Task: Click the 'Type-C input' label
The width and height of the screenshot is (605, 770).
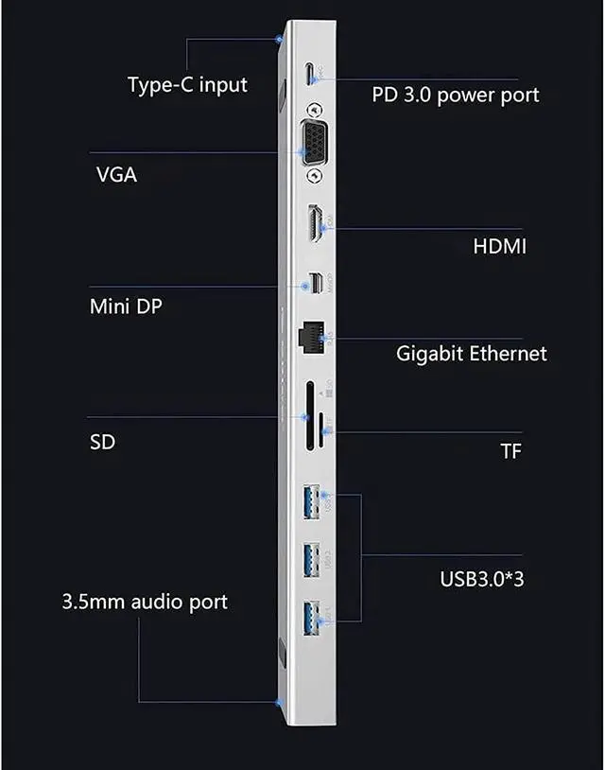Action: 187,84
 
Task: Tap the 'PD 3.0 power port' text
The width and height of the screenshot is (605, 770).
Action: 456,95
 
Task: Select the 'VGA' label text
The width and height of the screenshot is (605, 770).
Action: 116,175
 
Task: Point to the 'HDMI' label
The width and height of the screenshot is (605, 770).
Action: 499,247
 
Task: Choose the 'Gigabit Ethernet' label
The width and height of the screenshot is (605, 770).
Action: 471,354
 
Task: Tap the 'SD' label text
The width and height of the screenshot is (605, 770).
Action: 102,441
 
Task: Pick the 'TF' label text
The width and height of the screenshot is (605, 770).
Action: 510,450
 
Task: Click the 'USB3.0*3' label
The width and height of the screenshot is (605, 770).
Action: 482,577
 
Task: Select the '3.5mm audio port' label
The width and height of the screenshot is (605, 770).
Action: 145,602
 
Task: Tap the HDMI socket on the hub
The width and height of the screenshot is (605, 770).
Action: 314,223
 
